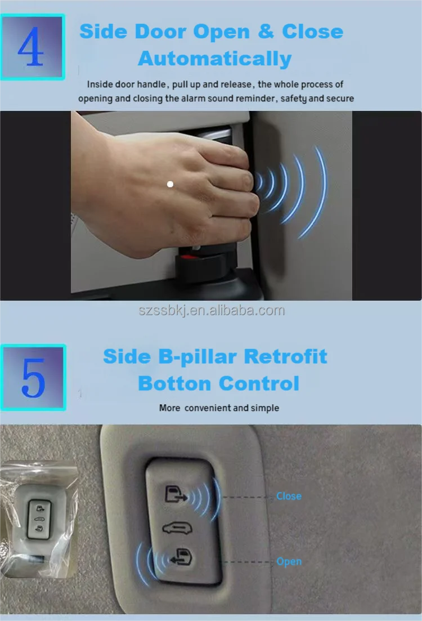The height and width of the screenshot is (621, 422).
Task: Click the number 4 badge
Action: coord(32,47)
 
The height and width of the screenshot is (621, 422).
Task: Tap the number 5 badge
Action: coord(33,377)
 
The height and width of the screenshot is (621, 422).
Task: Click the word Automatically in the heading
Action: coord(215,59)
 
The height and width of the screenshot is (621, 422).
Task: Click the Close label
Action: coord(289,496)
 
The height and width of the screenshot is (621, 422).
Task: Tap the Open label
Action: coord(289,561)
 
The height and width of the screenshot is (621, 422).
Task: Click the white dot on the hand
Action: coord(170,184)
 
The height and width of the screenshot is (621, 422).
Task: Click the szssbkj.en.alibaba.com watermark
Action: coord(212,311)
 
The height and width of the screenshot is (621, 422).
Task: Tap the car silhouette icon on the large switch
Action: coord(177,528)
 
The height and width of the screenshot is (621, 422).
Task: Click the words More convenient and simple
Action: coord(219,408)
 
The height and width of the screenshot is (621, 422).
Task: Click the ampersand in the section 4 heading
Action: coord(266,32)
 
